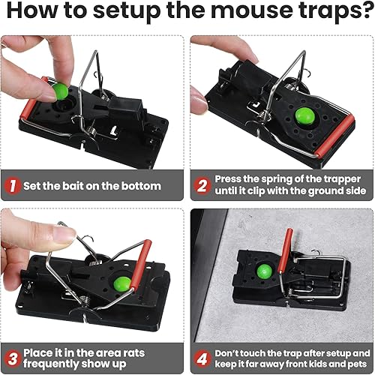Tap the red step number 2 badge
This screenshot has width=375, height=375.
(202, 185)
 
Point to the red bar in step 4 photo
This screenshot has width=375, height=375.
(285, 247)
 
